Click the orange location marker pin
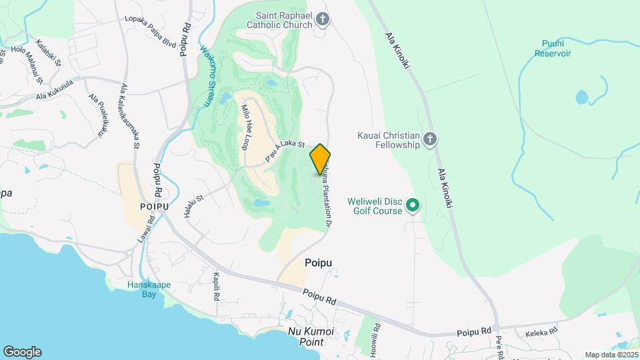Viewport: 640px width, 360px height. tap(320, 159)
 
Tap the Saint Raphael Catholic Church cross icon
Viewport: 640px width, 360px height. tap(323, 19)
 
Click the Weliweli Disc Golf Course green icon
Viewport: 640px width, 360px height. tap(413, 205)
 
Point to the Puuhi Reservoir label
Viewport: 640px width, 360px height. tap(552, 48)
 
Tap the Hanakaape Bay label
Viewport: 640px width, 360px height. tap(149, 289)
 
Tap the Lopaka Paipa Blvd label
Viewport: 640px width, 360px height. tap(150, 30)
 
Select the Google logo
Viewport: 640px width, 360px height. tap(22, 352)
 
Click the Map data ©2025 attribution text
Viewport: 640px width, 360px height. tap(610, 355)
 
